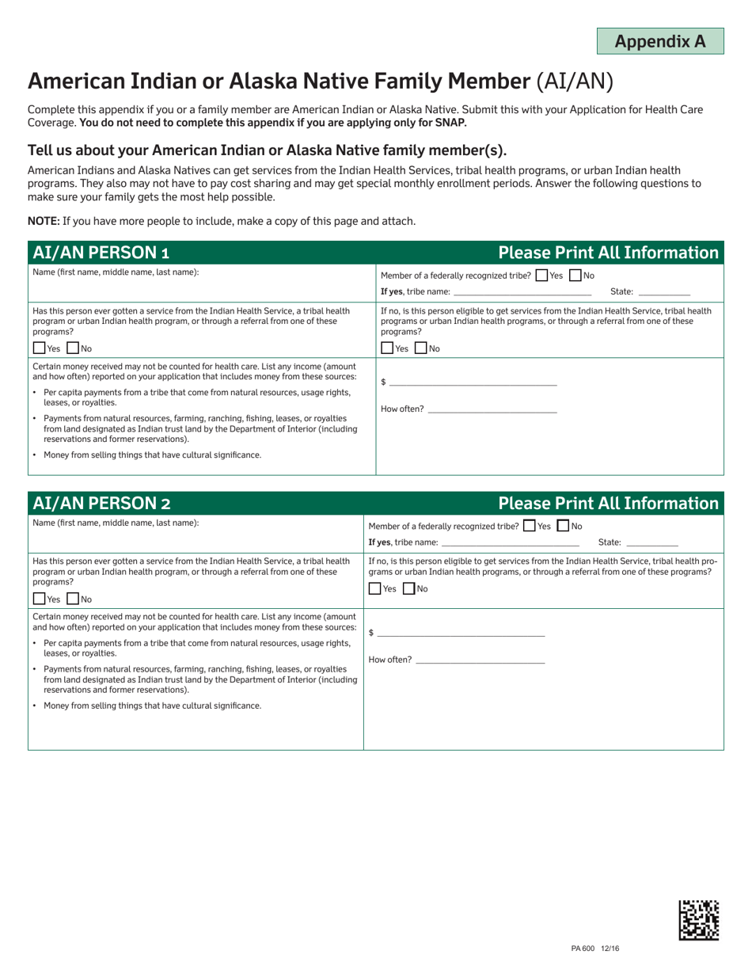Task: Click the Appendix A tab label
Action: coord(659,41)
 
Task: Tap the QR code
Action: coord(699,919)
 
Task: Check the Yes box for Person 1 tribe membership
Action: coord(541,276)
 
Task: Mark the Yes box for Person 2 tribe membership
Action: coord(530,526)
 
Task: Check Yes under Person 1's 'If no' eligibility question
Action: coord(387,348)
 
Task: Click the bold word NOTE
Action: coord(44,221)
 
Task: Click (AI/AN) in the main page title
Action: coord(575,81)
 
